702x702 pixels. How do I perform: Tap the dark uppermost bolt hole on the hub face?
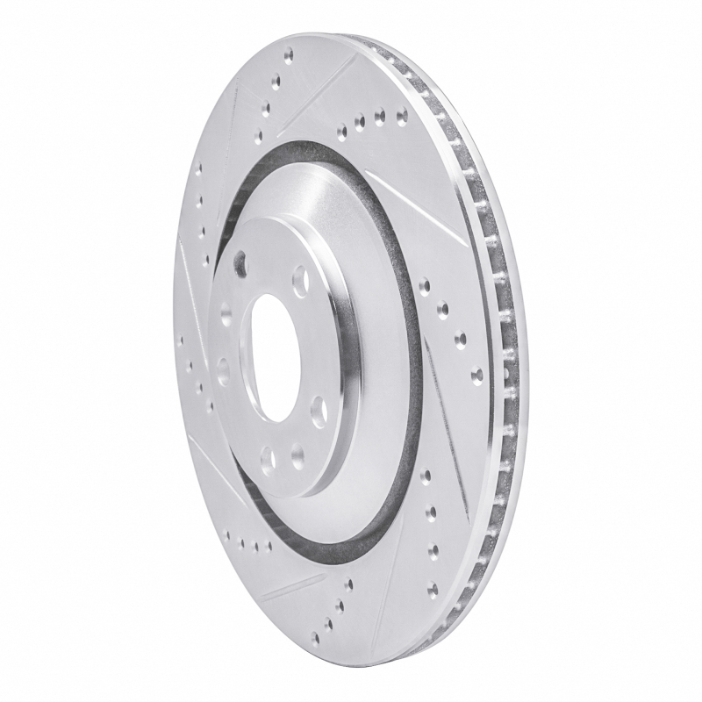(x=241, y=261)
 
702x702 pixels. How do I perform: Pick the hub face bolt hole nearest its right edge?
(x=319, y=409)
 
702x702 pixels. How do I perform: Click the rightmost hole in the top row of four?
(x=401, y=113)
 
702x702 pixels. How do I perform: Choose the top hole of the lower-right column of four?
(x=426, y=476)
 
